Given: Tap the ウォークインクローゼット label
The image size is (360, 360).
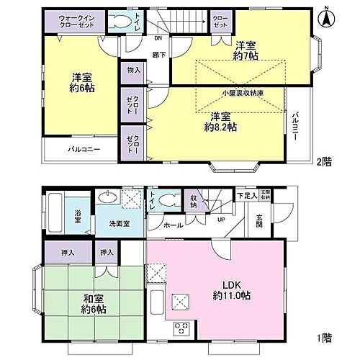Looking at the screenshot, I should (x=76, y=21).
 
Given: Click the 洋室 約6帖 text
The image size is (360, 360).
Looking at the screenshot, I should (x=80, y=83).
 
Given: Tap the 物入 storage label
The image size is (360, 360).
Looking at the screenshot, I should (x=133, y=71).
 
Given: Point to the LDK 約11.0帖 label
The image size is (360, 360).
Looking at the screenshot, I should (x=230, y=288).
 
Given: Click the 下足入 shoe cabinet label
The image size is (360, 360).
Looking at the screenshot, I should (x=245, y=195).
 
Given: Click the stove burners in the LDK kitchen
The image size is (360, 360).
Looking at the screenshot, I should (x=181, y=328).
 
